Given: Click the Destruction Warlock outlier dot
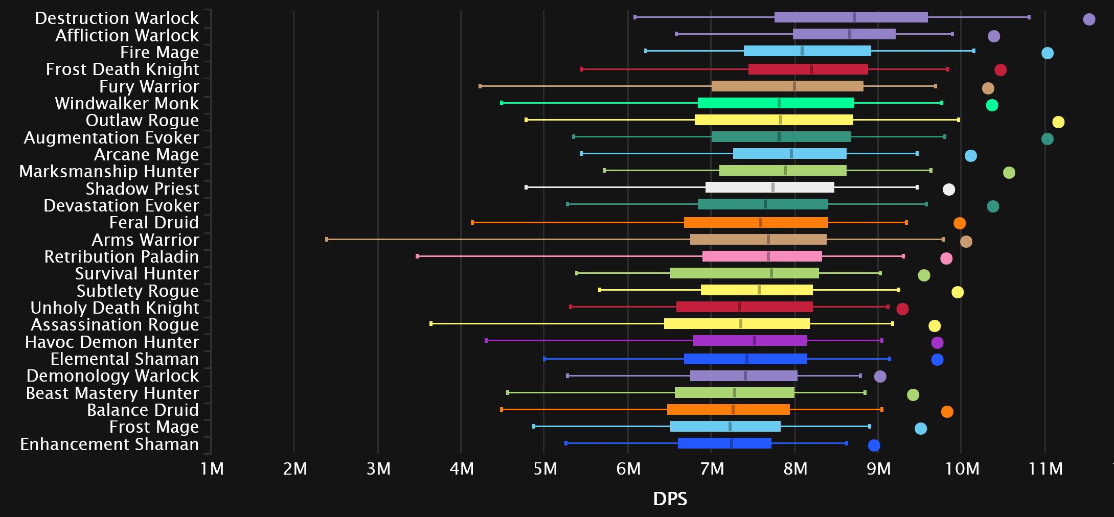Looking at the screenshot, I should coord(1089,19).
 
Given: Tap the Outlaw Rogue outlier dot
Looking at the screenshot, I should coord(1058,122).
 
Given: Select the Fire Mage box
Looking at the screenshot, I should coord(807,51).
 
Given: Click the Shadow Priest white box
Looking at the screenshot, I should coord(769,187).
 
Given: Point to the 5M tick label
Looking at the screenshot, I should coord(545,468).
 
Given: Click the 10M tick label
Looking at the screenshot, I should coord(962,468).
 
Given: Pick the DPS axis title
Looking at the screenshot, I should coord(670,499).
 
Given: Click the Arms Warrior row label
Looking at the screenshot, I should coord(145,240).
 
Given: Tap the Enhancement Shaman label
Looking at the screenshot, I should coord(109,444).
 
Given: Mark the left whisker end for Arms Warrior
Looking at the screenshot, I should coord(327,239).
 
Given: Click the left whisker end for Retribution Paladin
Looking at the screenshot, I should coord(417,256).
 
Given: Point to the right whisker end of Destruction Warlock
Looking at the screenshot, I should coord(1029,17).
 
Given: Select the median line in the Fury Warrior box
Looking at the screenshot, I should coord(794,86).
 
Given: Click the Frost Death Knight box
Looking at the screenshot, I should coord(808,69).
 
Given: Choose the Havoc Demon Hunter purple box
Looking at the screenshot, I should coord(749,341).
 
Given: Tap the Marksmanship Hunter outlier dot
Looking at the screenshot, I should coord(1009,173).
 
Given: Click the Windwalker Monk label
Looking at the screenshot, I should coord(127,103).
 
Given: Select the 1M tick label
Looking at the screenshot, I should coord(212,468).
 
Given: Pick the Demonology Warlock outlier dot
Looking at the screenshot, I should coord(880,377).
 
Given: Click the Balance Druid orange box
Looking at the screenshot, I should coord(728,409).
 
